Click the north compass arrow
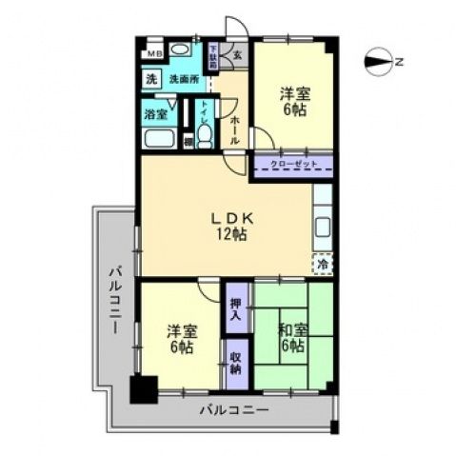click(x=379, y=62)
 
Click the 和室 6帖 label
click(x=293, y=338)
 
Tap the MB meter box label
click(x=154, y=53)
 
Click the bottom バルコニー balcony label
click(x=233, y=410)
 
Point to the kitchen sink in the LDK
click(x=323, y=229)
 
